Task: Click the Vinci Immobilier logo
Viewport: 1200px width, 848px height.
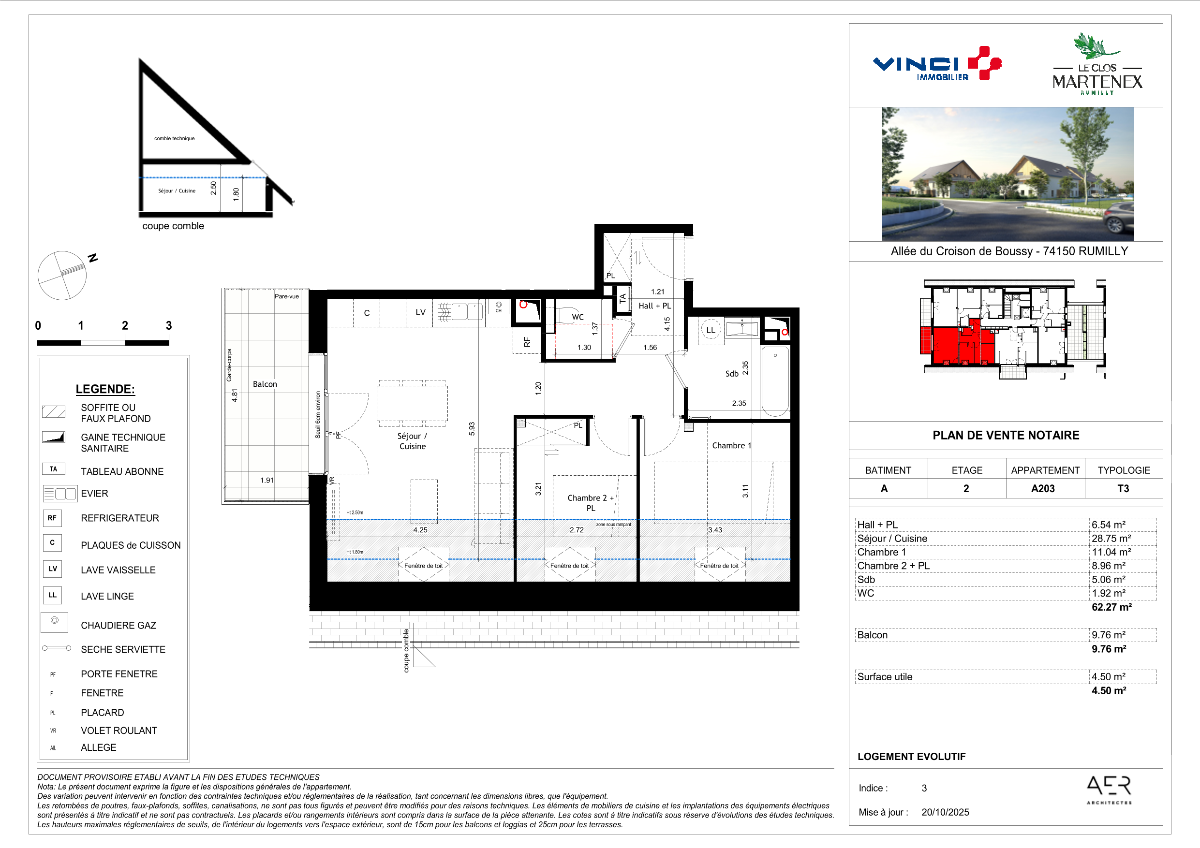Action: [x=936, y=64]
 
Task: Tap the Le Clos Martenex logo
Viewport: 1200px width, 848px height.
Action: [x=1097, y=64]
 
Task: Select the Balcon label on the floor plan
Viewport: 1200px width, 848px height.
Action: [x=265, y=384]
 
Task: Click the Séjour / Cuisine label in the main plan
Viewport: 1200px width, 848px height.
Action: [x=413, y=441]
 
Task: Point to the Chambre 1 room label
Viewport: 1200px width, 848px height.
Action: [x=731, y=445]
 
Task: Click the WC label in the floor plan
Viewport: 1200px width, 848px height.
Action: [x=578, y=317]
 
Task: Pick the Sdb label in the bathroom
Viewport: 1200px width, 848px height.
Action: [x=732, y=374]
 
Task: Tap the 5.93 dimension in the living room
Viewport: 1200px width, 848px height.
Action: [x=472, y=429]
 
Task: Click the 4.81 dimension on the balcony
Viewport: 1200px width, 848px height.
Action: [x=235, y=395]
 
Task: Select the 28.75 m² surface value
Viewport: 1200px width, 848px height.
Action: [x=1111, y=538]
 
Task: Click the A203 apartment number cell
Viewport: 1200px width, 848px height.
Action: [x=1043, y=488]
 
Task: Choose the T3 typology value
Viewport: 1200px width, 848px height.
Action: [x=1123, y=488]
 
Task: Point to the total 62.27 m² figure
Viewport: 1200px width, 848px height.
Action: [x=1111, y=607]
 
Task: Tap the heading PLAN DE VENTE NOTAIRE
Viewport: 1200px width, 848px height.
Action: [x=1006, y=435]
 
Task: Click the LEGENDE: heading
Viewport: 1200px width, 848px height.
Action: [x=105, y=389]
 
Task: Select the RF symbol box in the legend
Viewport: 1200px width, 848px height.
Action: [x=52, y=518]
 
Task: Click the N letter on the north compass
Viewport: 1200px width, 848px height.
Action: [x=93, y=258]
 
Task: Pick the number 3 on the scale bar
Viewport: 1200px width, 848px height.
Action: [x=169, y=325]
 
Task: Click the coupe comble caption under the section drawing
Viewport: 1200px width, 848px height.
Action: [x=173, y=226]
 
